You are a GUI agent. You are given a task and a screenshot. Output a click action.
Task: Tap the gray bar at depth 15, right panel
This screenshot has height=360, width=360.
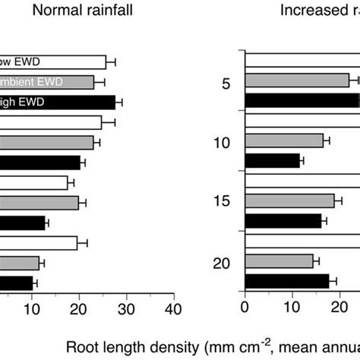click(x=289, y=201)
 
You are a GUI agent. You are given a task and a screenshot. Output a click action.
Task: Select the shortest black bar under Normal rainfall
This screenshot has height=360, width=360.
click(x=15, y=283)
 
